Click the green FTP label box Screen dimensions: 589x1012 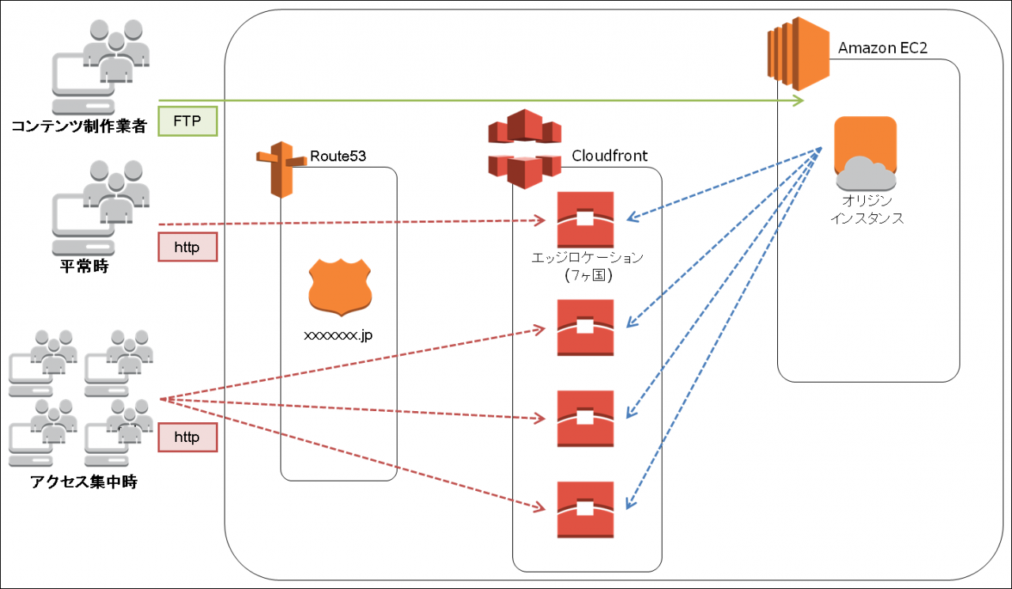pyautogui.click(x=187, y=122)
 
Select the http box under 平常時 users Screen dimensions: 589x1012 pyautogui.click(x=187, y=247)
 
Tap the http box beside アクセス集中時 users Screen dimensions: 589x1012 pyautogui.click(x=187, y=436)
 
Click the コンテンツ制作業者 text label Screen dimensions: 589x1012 pyautogui.click(x=79, y=126)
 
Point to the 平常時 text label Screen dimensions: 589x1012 pyautogui.click(x=84, y=266)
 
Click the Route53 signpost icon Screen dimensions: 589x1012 pyautogui.click(x=281, y=168)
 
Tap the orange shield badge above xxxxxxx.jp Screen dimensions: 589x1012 pyautogui.click(x=339, y=285)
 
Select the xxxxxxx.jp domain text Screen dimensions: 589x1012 pyautogui.click(x=338, y=335)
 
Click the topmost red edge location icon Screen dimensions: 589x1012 pyautogui.click(x=585, y=220)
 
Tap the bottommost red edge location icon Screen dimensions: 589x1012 pyautogui.click(x=585, y=508)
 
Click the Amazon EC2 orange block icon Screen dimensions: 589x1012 pyautogui.click(x=798, y=54)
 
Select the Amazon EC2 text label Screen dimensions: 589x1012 pyautogui.click(x=882, y=48)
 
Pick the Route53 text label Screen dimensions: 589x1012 pyautogui.click(x=338, y=155)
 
